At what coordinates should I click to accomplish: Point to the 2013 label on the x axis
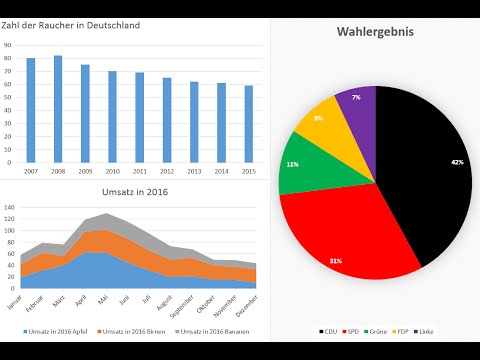click(x=194, y=171)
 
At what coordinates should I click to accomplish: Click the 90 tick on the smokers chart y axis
click(x=8, y=45)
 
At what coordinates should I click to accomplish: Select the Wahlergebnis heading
click(x=375, y=32)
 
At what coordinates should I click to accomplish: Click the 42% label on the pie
click(x=457, y=162)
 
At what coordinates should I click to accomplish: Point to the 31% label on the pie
click(x=334, y=260)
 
